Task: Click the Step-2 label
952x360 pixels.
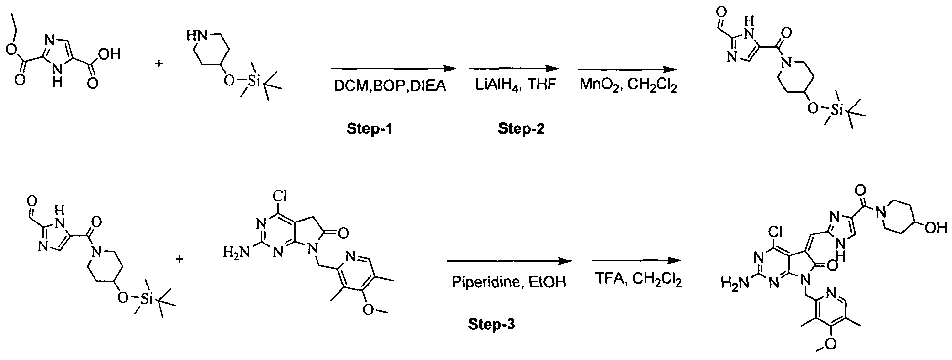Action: tap(521, 128)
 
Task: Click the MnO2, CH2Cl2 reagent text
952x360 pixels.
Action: tap(628, 87)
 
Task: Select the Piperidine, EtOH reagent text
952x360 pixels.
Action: tap(508, 283)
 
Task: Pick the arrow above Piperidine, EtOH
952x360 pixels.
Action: tap(508, 261)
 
